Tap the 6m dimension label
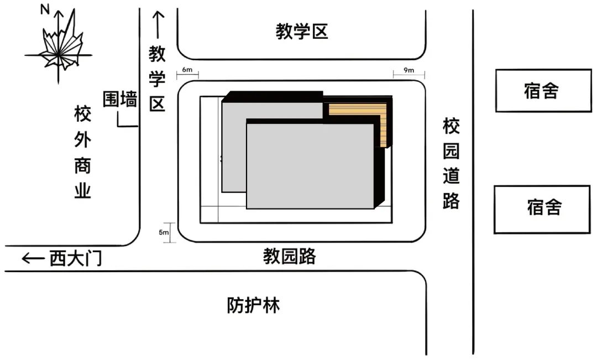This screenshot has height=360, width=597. pyautogui.click(x=187, y=70)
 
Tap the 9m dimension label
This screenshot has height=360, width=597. pyautogui.click(x=409, y=70)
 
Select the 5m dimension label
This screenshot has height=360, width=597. pyautogui.click(x=164, y=232)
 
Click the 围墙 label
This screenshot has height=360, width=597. pyautogui.click(x=120, y=100)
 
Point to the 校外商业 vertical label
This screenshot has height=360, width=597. pyautogui.click(x=82, y=153)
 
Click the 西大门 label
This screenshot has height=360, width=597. pyautogui.click(x=76, y=258)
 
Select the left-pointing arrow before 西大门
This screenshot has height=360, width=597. pyautogui.click(x=33, y=258)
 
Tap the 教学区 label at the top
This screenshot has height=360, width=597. pyautogui.click(x=302, y=32)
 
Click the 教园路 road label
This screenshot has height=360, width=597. pyautogui.click(x=289, y=257)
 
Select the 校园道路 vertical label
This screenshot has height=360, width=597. pyautogui.click(x=451, y=164)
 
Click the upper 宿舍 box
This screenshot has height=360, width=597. pyautogui.click(x=543, y=90)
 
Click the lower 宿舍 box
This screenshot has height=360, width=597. pyautogui.click(x=544, y=208)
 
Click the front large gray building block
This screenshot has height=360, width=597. pyautogui.click(x=310, y=166)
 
